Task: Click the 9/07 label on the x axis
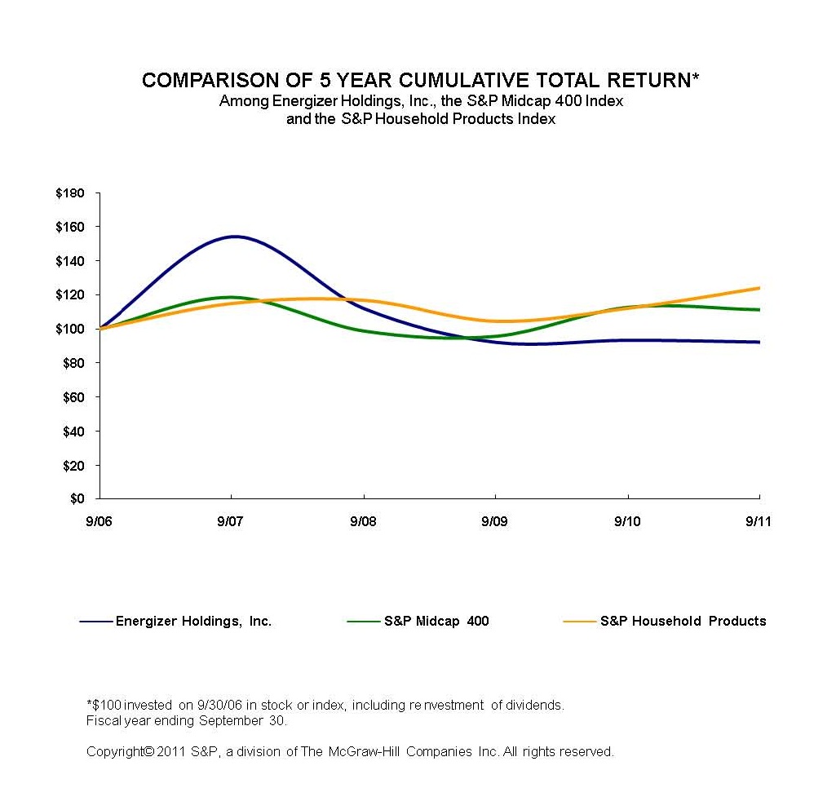tap(231, 521)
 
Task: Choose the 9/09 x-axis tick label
tap(495, 521)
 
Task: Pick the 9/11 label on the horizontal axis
tap(759, 521)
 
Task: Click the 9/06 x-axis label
tap(99, 521)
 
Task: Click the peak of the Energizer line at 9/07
tap(233, 237)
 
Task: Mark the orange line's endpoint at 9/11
tap(759, 288)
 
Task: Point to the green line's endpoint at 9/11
tap(759, 309)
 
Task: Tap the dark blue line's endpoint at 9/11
tap(759, 342)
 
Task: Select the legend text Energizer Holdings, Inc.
tap(193, 622)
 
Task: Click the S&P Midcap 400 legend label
tap(436, 622)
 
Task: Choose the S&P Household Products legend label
tap(683, 622)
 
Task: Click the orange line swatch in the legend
tap(578, 622)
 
